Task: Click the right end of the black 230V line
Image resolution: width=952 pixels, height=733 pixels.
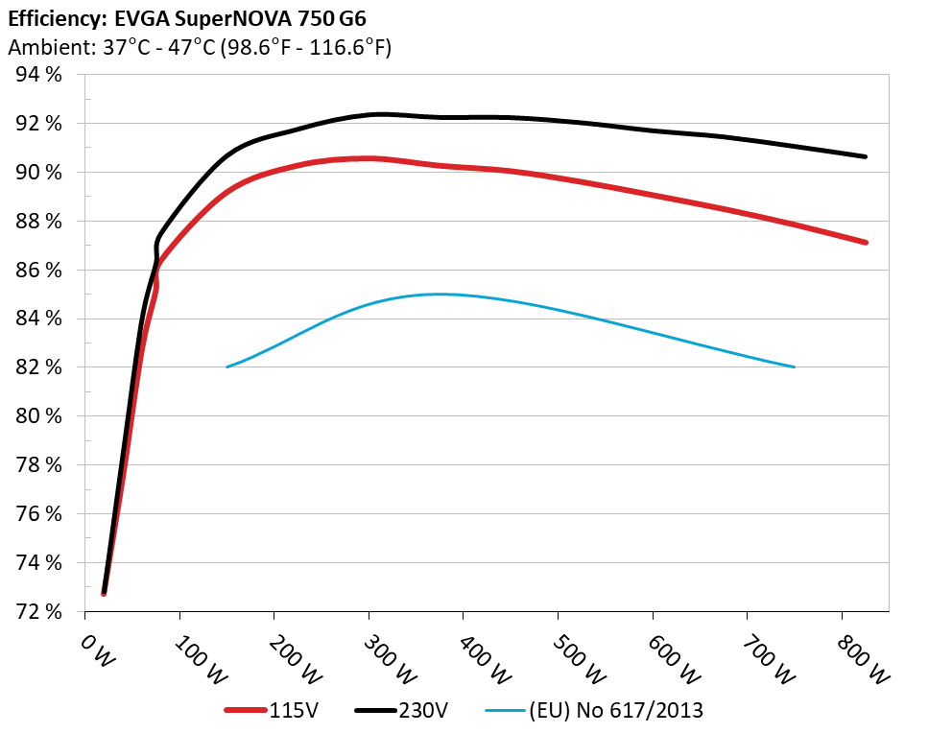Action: point(865,156)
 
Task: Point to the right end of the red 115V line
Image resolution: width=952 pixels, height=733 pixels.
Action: point(865,243)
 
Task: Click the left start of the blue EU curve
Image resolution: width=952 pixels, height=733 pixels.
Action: point(227,366)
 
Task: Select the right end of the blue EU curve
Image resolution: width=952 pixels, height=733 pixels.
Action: point(794,366)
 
